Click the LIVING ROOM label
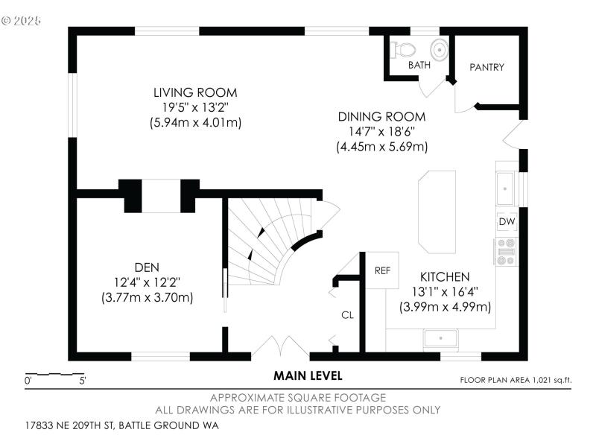[195, 93]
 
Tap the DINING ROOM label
[381, 117]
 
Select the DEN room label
[147, 267]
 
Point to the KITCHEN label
[444, 276]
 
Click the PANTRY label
[486, 67]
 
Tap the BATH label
[419, 66]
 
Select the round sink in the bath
[440, 50]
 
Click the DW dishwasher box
[507, 222]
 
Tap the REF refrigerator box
[382, 270]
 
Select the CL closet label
[347, 315]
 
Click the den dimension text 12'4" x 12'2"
[147, 282]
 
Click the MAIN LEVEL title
[308, 375]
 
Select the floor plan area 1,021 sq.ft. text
[516, 380]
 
